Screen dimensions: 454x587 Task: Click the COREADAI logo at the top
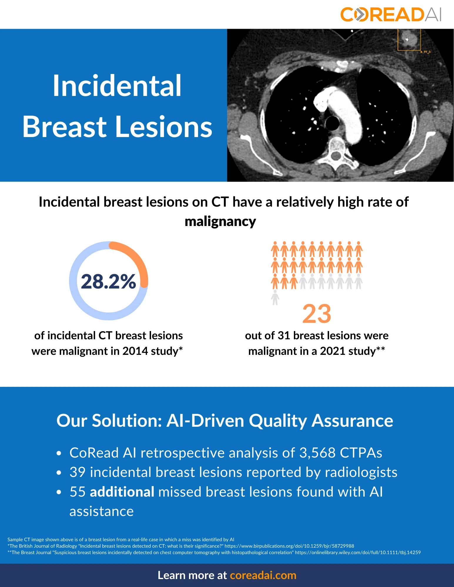pos(391,15)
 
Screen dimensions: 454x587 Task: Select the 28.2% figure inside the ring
pos(108,281)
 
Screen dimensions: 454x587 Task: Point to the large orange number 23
pos(317,314)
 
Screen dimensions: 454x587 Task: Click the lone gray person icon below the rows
pos(275,298)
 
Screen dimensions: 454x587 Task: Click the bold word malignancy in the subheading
pos(220,222)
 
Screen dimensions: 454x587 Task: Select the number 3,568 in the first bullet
pos(317,453)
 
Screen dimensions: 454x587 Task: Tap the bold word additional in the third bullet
pos(122,492)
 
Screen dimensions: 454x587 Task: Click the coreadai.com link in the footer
pos(263,575)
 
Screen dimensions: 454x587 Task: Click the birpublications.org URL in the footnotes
pos(289,546)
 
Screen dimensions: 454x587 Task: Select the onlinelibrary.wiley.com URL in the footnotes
pos(358,552)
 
